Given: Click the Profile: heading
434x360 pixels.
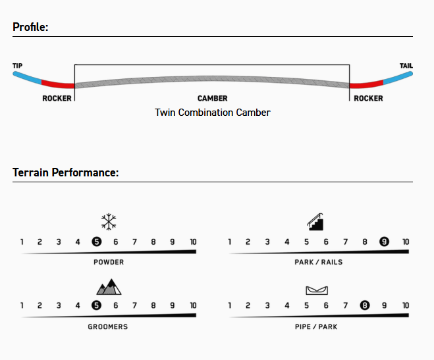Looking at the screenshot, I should (31, 27).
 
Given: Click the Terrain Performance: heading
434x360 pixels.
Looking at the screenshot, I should (65, 172).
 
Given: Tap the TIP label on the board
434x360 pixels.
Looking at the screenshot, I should (17, 66).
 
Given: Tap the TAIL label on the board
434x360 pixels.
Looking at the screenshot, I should (406, 66).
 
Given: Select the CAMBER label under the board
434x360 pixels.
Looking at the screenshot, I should (212, 99).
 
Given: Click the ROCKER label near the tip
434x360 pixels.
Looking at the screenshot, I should (57, 99).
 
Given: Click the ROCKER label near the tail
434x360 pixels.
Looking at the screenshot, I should (368, 99).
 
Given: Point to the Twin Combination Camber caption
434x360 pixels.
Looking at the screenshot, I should (212, 113).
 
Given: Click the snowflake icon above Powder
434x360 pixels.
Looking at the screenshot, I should (109, 221).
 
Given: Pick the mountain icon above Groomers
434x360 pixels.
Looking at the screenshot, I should (109, 286).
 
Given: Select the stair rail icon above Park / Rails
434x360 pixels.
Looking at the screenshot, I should (316, 221).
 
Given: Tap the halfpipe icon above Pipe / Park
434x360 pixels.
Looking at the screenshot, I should (317, 290).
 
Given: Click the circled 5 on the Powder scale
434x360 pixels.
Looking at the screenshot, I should (97, 242).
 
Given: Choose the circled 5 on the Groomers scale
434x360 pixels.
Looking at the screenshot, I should (97, 305).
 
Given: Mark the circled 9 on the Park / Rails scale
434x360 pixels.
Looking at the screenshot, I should (384, 242).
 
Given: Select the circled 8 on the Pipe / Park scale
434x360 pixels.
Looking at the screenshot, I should (364, 305).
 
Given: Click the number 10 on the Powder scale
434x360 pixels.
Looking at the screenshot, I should (192, 242).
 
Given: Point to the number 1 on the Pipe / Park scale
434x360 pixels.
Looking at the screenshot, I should (230, 305).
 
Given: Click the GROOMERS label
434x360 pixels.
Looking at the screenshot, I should (109, 326).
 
